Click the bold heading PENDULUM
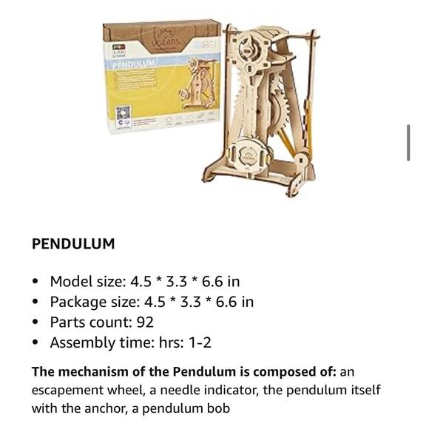(73, 244)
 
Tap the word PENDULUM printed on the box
(134, 64)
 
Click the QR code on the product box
(121, 115)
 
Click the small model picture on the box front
(195, 89)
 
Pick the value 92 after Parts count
(144, 322)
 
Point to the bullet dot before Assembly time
(36, 343)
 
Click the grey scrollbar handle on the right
(408, 143)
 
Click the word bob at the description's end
(219, 408)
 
